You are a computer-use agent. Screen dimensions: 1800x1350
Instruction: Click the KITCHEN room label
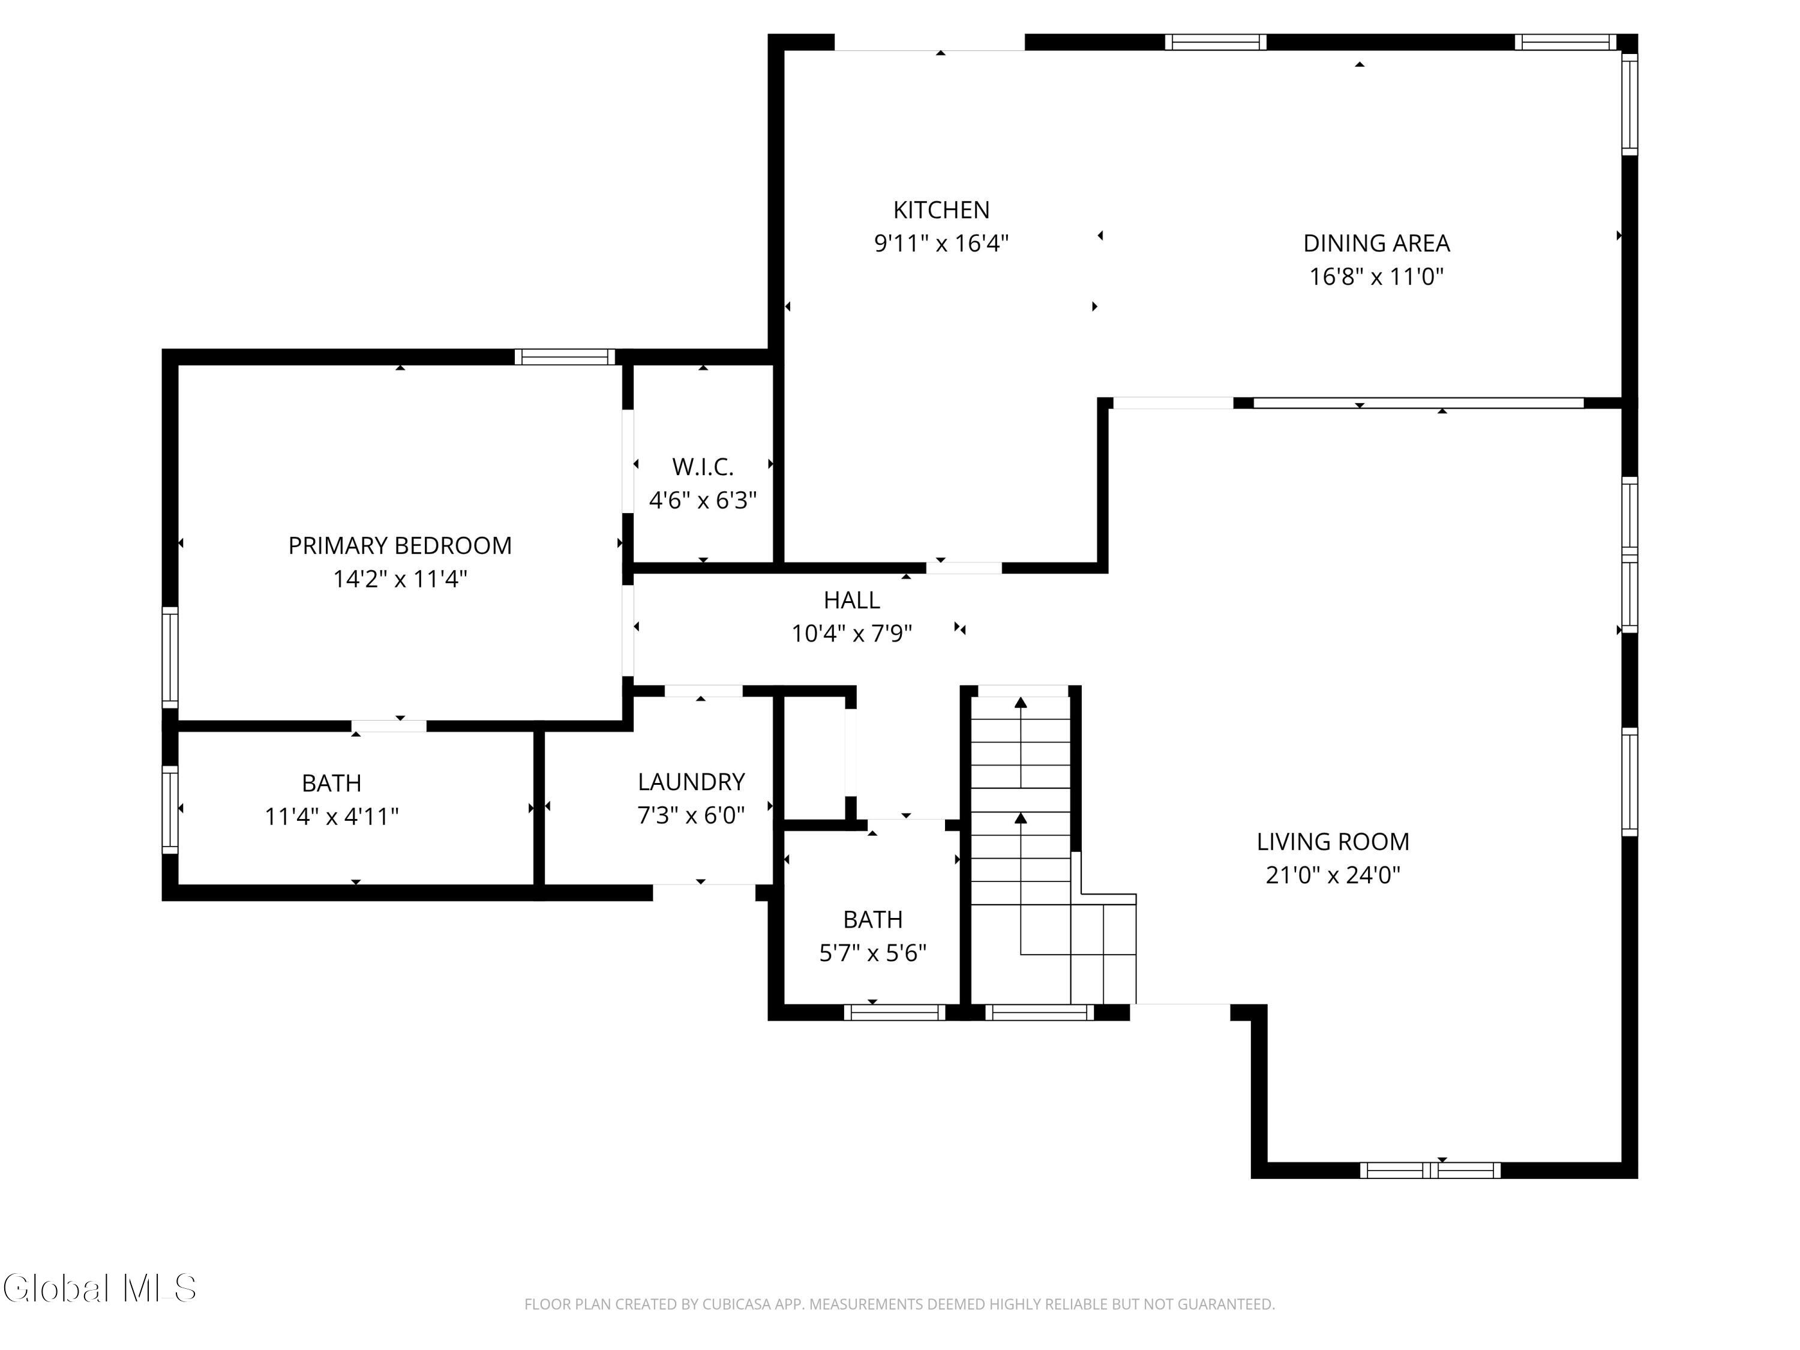click(941, 210)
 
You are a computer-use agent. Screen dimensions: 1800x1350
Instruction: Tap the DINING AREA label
click(1376, 244)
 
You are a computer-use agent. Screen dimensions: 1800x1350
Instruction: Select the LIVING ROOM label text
click(1333, 841)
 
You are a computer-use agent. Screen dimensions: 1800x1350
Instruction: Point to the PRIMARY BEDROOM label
click(400, 545)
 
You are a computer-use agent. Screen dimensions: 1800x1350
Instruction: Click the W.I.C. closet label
click(703, 467)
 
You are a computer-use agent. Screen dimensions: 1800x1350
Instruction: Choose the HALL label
click(851, 600)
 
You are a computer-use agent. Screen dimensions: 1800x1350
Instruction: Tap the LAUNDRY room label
click(691, 782)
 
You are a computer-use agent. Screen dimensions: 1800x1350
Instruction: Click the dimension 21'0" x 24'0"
click(1333, 875)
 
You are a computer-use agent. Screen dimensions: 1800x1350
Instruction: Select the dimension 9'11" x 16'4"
click(941, 244)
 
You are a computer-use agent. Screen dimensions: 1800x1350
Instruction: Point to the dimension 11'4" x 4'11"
click(331, 816)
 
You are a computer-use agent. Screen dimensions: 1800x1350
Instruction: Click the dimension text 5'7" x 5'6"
click(873, 953)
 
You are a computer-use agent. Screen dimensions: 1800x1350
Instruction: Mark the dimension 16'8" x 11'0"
click(1376, 277)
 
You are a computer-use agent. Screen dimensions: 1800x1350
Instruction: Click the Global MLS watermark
click(99, 1288)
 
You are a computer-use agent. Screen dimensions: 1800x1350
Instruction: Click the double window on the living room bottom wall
click(1430, 1170)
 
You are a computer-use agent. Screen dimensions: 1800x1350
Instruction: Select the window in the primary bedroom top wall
click(565, 356)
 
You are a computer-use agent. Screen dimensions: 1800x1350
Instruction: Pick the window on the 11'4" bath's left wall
click(170, 809)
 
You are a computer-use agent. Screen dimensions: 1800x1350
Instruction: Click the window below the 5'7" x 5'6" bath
click(895, 1012)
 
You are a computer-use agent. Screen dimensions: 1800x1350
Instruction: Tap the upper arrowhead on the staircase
click(1021, 702)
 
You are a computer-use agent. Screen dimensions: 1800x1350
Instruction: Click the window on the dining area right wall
click(1629, 104)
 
